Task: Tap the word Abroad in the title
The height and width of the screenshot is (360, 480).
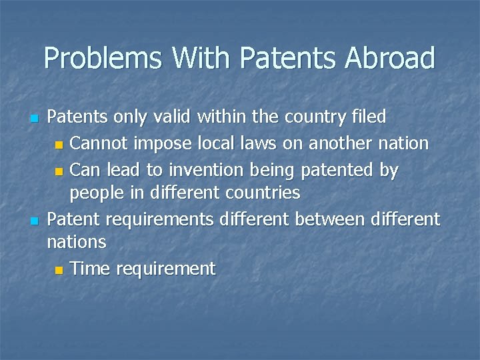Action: (390, 59)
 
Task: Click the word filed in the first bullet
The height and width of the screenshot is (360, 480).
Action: (368, 117)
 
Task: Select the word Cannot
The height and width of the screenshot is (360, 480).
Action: (99, 143)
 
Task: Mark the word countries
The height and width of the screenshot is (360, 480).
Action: (263, 193)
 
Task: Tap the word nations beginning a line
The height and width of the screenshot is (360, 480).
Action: (77, 242)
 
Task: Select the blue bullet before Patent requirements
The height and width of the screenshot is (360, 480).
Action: (35, 221)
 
